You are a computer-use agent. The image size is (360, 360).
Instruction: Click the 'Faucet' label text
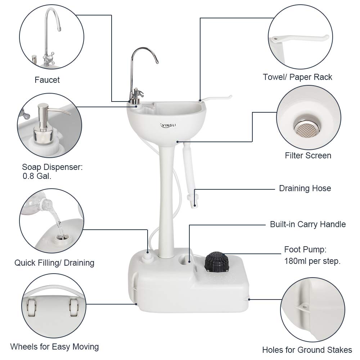point(47,80)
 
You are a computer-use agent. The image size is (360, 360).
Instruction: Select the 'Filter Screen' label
point(308,156)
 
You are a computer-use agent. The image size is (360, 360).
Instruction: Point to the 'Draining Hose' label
point(305,188)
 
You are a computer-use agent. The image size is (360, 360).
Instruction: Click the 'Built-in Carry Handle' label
point(308,224)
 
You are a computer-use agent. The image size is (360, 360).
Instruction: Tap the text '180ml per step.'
point(312,261)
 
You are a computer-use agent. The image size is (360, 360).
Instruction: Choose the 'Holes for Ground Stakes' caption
point(307,350)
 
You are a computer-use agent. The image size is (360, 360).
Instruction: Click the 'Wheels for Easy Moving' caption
point(54,347)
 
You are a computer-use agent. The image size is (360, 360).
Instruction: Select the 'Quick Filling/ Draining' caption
point(54,263)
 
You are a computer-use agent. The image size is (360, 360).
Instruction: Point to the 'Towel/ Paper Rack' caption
point(297,77)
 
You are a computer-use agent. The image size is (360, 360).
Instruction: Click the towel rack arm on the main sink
point(216,98)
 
